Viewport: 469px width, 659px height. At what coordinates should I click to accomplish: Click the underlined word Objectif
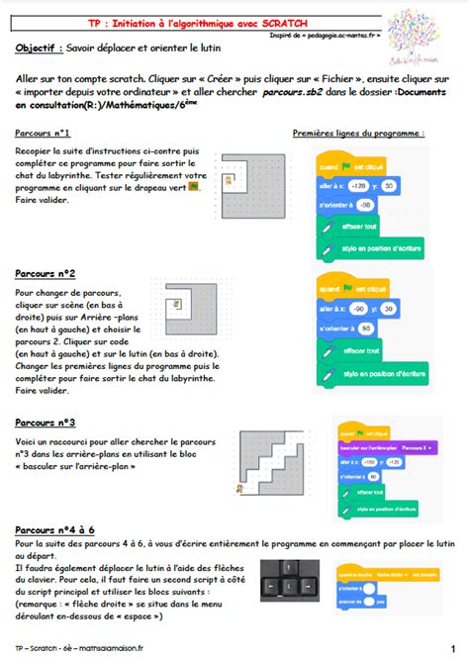(40, 47)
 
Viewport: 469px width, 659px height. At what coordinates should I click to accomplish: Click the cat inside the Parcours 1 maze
(229, 180)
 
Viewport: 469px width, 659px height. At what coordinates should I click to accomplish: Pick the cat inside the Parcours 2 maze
(176, 306)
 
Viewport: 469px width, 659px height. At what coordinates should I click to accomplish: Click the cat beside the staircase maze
(238, 488)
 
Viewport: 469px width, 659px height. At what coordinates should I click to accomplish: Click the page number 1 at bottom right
(453, 649)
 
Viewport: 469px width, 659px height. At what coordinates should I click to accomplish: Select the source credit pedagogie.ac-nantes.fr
(348, 35)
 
